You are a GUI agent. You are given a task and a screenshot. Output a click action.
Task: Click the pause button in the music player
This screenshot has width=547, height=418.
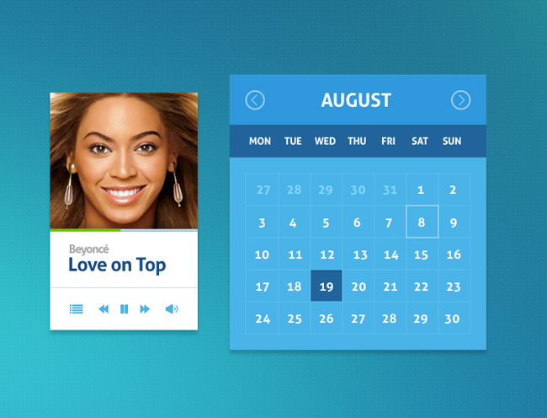click(124, 309)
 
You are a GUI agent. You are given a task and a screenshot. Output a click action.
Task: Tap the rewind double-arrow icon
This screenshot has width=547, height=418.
click(104, 309)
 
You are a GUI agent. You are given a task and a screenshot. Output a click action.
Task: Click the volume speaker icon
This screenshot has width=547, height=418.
click(172, 309)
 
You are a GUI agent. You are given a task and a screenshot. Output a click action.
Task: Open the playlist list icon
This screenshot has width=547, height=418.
click(76, 309)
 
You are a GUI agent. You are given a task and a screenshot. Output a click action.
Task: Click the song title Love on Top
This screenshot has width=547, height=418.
click(117, 265)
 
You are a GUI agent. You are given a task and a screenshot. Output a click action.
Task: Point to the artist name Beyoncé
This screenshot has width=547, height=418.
click(89, 249)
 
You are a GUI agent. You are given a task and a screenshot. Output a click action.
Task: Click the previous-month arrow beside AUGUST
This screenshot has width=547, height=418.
click(255, 100)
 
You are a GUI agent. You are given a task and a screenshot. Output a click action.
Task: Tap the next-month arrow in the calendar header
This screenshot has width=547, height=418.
click(461, 100)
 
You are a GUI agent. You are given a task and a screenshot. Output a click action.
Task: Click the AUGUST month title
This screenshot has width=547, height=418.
click(356, 100)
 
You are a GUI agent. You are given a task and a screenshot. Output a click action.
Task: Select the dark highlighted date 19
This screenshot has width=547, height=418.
click(327, 286)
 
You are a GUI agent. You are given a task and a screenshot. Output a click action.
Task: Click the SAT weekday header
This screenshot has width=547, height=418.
click(420, 141)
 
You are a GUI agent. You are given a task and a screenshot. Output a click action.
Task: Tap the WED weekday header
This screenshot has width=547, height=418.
click(325, 141)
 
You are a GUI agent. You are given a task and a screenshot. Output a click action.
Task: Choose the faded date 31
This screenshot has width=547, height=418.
click(390, 190)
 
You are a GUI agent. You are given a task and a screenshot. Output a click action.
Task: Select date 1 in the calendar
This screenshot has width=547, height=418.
click(421, 190)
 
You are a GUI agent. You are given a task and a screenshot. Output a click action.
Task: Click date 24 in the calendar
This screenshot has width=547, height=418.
click(263, 319)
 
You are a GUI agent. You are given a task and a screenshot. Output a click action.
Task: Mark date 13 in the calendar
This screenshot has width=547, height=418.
click(360, 255)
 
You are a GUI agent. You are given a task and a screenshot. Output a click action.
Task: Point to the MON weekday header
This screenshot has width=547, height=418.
click(260, 141)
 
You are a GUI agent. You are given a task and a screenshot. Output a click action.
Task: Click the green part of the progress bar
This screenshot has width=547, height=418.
click(85, 230)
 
